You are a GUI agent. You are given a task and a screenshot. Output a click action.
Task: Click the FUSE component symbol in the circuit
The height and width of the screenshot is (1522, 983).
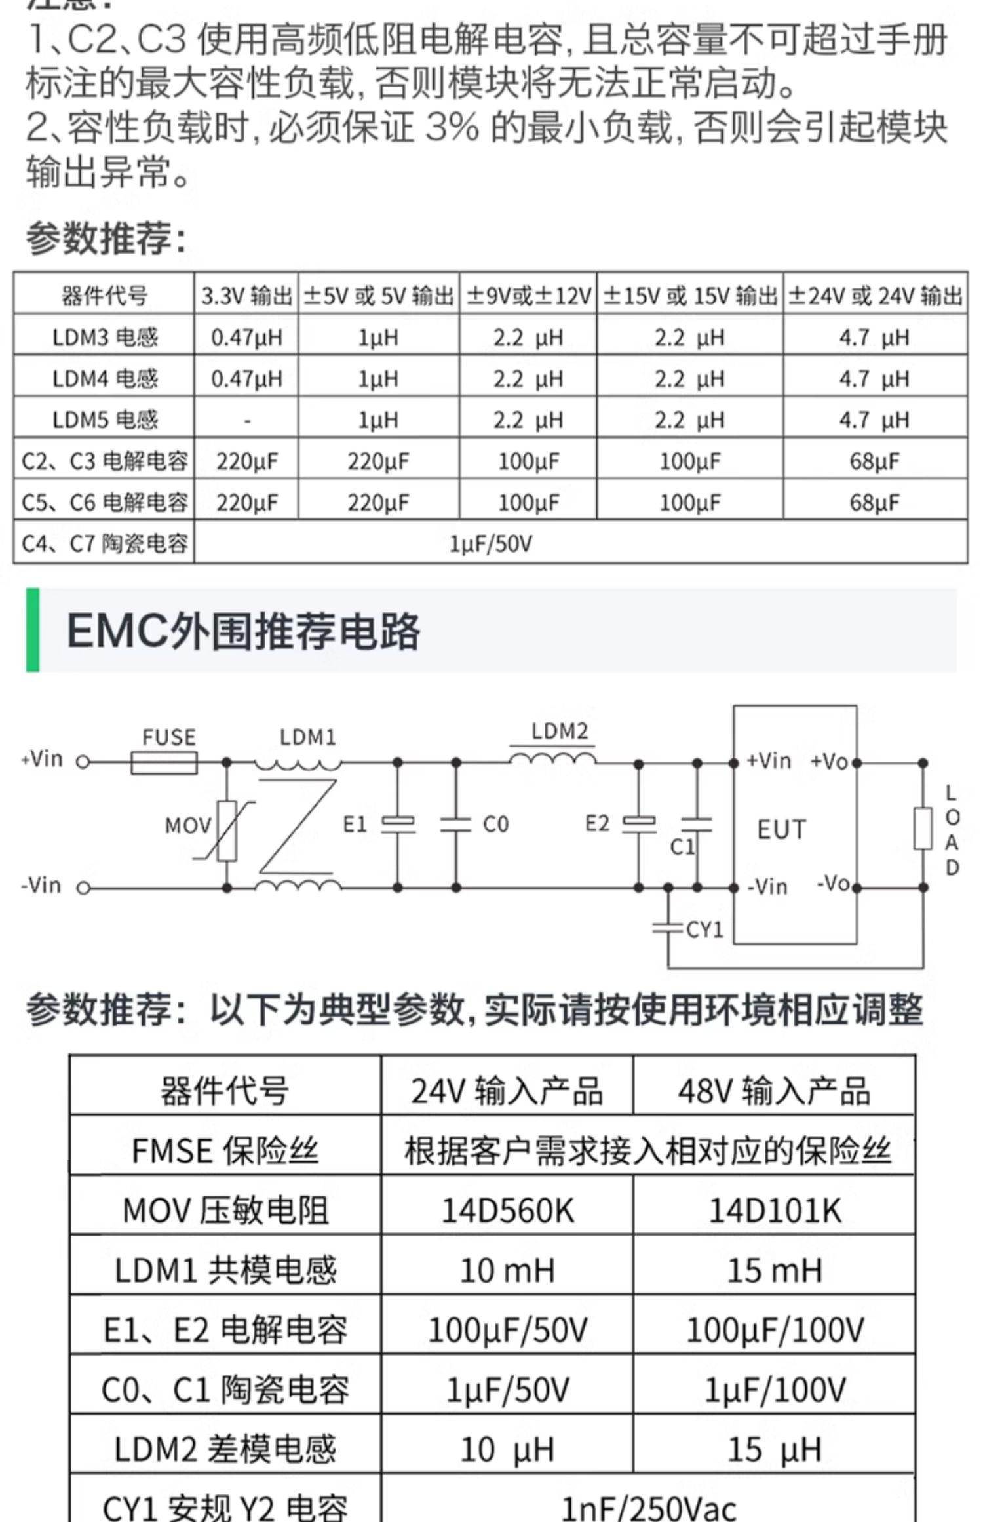point(164,763)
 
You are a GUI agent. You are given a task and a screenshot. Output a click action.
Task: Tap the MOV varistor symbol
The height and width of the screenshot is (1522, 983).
point(226,830)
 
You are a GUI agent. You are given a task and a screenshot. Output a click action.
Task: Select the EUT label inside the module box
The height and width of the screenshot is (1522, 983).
point(781,830)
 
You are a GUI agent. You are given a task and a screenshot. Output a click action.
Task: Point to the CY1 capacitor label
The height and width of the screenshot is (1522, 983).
point(704,929)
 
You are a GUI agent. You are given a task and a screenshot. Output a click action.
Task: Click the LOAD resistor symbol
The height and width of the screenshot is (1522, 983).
point(923,829)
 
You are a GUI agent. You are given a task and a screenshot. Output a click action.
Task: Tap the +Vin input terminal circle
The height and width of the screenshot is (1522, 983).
point(83,762)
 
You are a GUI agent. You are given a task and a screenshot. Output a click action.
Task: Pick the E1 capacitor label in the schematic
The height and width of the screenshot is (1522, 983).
point(355,824)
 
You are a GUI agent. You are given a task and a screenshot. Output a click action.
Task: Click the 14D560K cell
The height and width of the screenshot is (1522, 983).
point(507,1211)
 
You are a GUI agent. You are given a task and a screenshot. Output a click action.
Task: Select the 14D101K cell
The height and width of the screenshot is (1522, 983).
point(775,1211)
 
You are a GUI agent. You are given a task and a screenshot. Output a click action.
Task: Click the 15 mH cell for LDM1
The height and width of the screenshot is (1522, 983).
point(775,1270)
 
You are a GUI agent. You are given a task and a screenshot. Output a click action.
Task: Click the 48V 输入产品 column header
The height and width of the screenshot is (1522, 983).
point(775,1091)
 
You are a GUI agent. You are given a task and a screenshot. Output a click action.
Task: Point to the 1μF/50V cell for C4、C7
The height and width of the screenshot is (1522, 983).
point(490,543)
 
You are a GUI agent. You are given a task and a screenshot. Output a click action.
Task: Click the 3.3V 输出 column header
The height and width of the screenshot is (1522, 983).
point(246,296)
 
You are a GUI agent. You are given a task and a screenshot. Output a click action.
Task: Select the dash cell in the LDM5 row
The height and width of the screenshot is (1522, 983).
point(246,420)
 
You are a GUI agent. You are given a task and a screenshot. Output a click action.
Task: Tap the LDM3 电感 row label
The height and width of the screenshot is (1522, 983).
point(105,338)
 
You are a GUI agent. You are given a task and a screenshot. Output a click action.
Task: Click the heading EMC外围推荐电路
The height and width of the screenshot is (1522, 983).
point(243,631)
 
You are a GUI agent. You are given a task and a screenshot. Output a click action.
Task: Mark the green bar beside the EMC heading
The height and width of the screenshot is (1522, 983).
point(32,630)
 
